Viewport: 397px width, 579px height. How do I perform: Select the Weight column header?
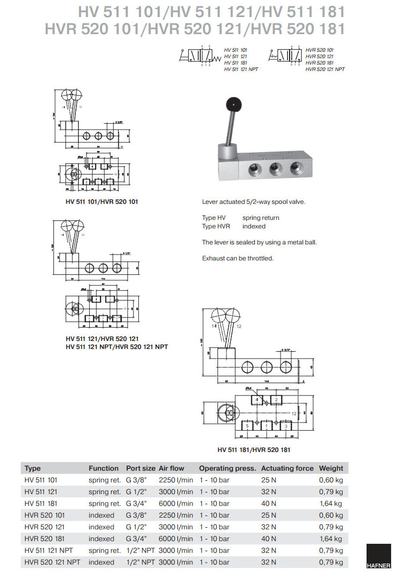point(331,468)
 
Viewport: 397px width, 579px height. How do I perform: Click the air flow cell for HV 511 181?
point(176,503)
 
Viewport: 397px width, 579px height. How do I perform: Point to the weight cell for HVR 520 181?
point(331,538)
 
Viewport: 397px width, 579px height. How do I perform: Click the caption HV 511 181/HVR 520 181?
point(254,449)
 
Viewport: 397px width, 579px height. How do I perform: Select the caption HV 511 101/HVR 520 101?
point(102,202)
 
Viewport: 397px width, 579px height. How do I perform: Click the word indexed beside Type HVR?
point(254,226)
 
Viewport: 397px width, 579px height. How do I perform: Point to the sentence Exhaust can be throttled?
point(238,258)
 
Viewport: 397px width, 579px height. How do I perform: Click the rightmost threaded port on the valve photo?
point(297,170)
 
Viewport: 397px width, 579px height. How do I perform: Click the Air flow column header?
point(172,468)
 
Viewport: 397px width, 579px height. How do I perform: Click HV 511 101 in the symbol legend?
point(236,50)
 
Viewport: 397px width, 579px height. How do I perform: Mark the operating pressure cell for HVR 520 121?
point(214,527)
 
